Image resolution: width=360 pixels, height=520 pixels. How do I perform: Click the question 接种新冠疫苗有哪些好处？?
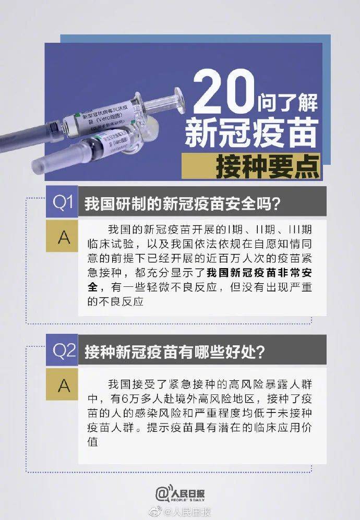175,352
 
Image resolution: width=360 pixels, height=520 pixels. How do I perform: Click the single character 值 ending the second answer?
93,441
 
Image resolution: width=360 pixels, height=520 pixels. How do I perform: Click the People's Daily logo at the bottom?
180,492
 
